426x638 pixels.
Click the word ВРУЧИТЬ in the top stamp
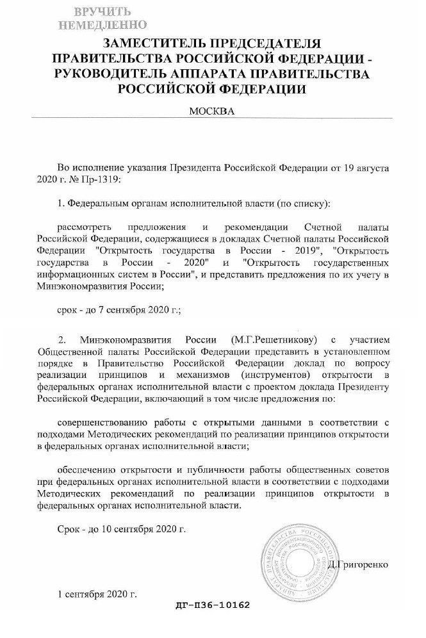pos(102,12)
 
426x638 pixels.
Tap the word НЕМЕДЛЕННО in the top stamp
pos(102,26)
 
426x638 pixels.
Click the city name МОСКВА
pos(212,111)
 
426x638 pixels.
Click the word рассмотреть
pos(85,228)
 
